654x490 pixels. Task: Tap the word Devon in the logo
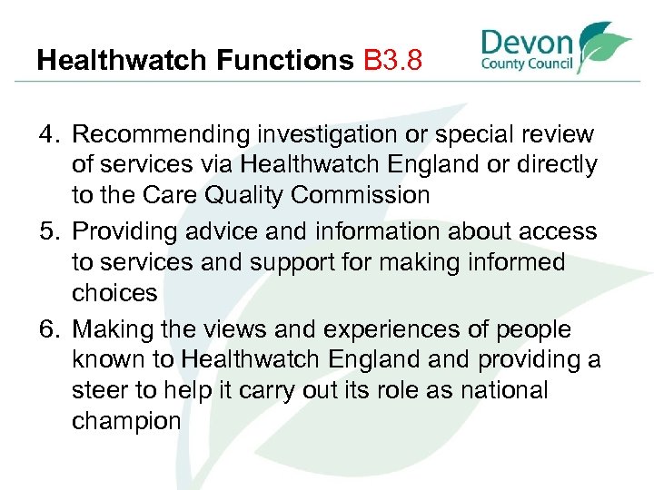coord(527,43)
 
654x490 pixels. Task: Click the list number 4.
coord(48,135)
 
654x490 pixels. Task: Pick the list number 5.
coord(48,231)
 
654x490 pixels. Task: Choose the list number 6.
coord(48,328)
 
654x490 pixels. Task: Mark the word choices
coord(114,293)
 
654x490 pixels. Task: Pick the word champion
coord(126,422)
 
